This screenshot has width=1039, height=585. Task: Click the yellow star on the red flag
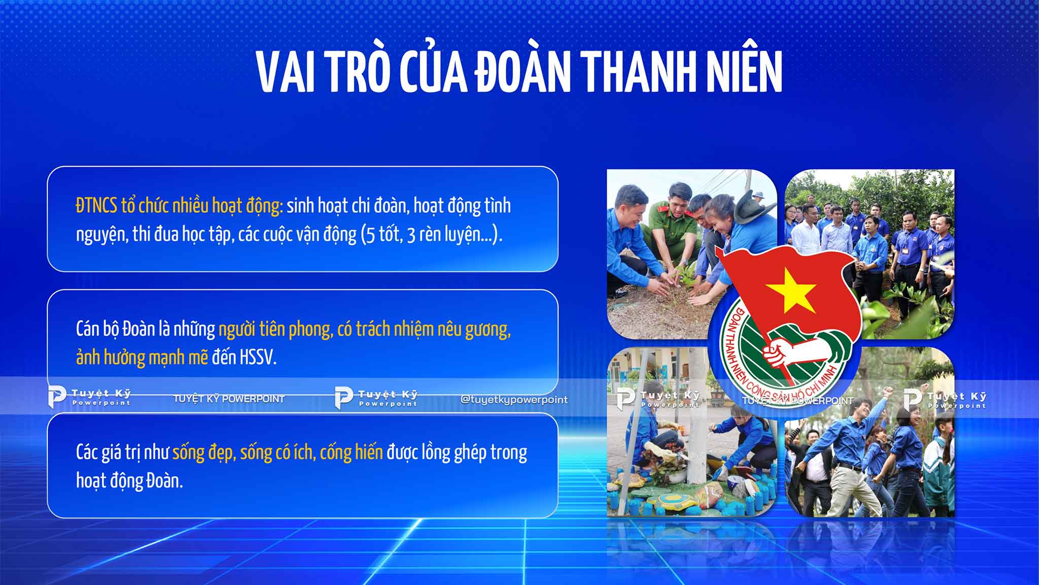click(791, 290)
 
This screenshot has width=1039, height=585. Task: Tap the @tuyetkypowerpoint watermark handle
click(514, 400)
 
